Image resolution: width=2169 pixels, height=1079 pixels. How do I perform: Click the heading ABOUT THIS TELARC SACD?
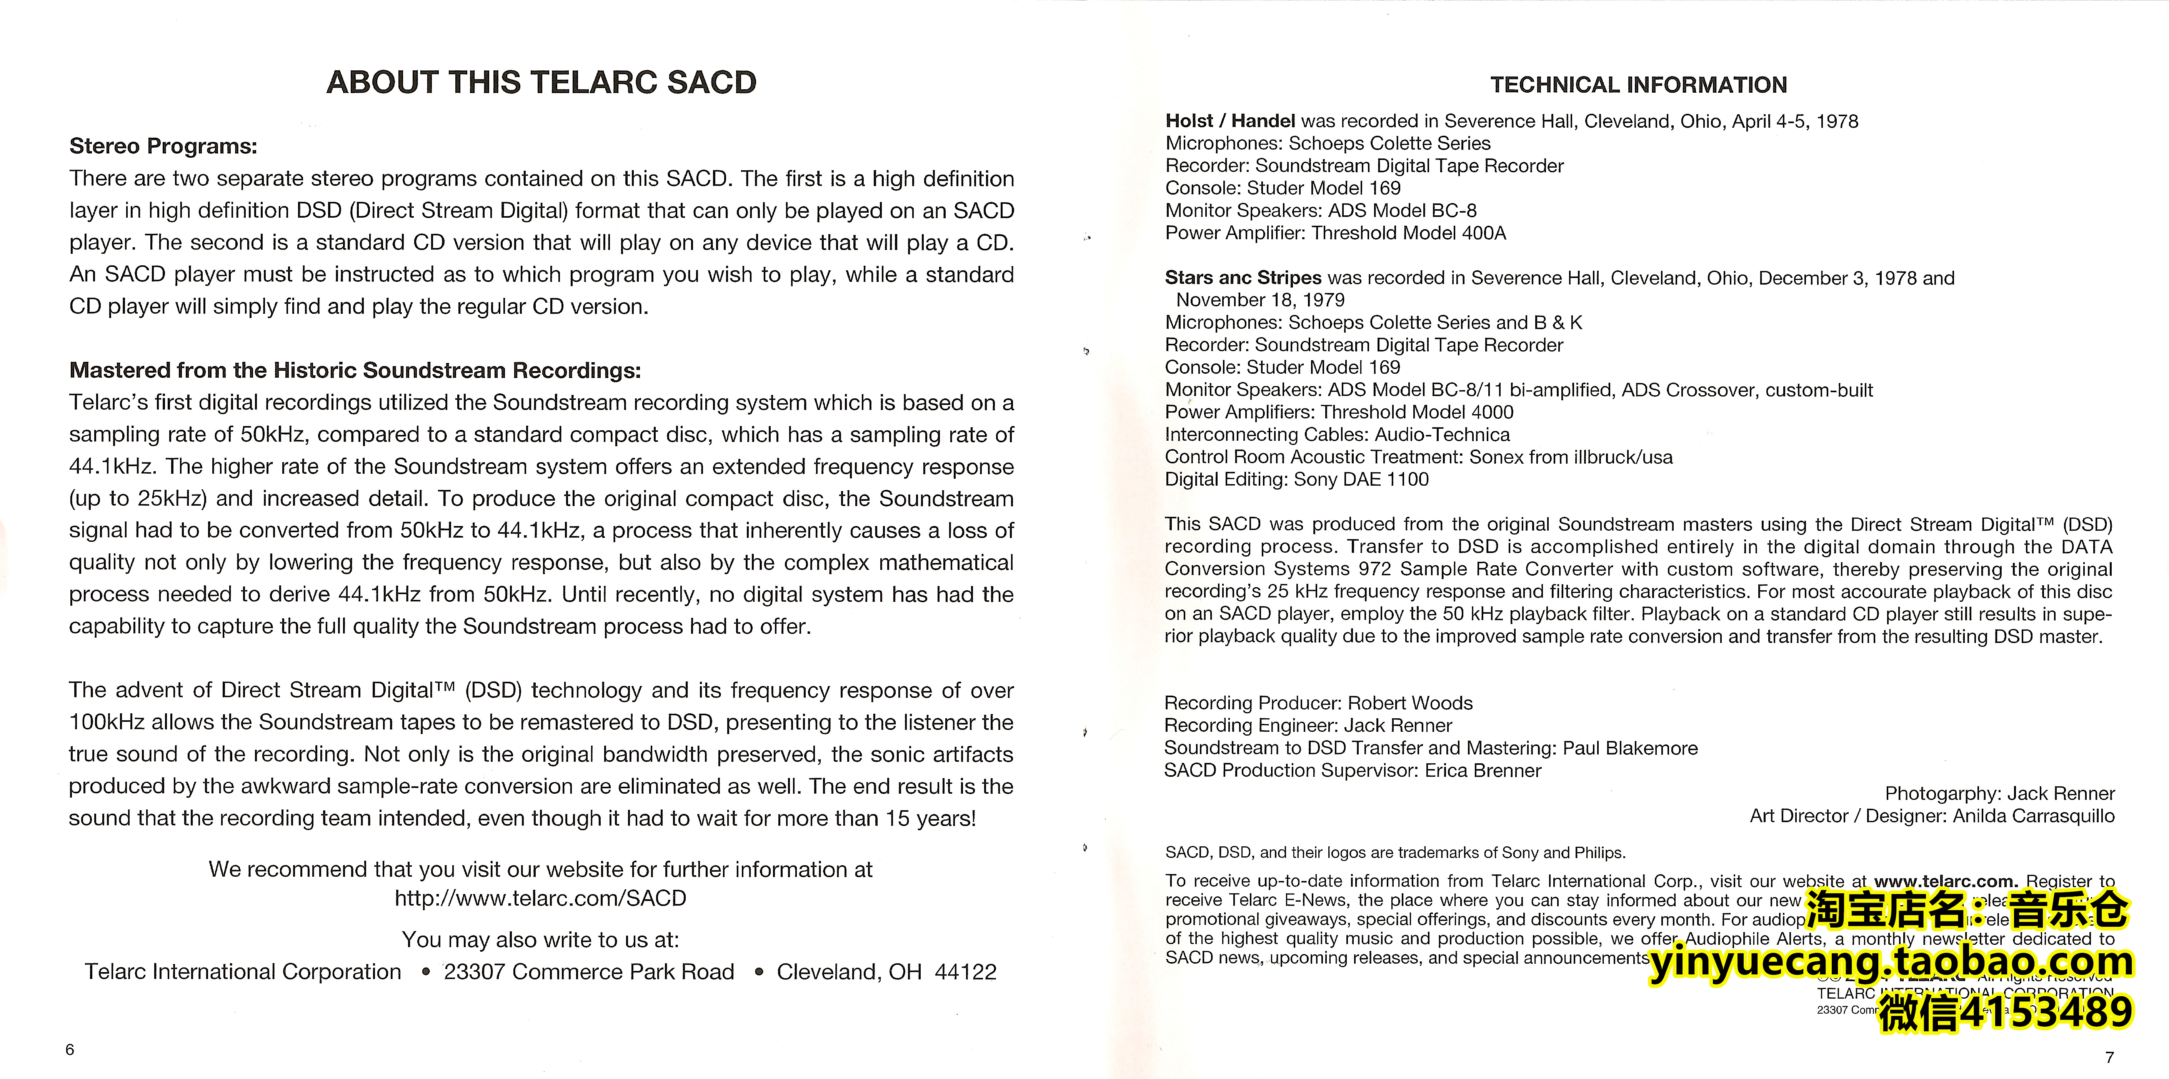coord(541,82)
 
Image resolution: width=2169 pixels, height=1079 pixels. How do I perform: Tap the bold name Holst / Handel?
coord(1229,121)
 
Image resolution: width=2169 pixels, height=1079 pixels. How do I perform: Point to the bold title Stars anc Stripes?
coord(1243,278)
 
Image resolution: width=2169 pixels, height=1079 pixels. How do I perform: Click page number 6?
coord(70,1049)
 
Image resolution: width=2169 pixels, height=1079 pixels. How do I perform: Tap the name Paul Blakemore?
coord(1630,748)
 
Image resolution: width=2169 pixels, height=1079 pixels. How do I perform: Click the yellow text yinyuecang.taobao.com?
coord(1890,962)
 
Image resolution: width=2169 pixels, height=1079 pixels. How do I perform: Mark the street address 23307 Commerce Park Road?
coord(588,972)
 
